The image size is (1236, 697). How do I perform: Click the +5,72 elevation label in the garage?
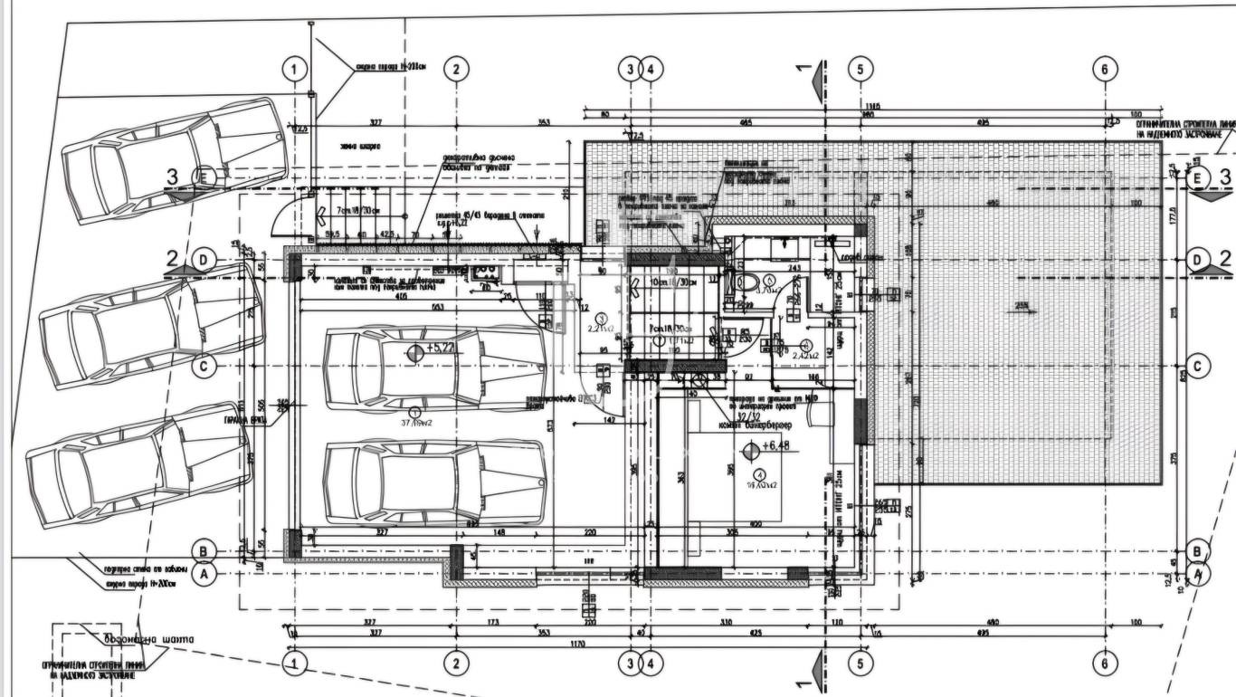pos(441,348)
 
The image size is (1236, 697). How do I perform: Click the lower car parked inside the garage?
pos(435,482)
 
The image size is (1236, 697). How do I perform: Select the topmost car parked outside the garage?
pos(175,159)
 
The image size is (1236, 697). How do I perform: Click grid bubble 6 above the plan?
pos(1105,68)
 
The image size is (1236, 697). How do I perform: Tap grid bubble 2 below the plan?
pos(457,664)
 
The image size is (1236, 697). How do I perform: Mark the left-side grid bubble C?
pos(204,367)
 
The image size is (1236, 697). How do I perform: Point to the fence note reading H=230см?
pos(390,66)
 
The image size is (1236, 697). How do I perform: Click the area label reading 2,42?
pos(805,356)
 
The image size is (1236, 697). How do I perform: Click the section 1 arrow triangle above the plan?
pos(815,72)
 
